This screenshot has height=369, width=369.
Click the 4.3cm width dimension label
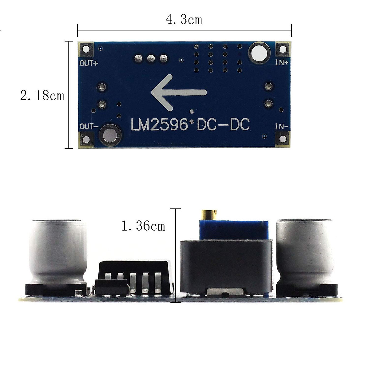(184, 20)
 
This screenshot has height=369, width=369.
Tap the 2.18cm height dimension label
(42, 96)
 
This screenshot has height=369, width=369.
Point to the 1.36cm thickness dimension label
(143, 226)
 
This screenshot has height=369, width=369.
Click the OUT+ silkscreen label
(89, 63)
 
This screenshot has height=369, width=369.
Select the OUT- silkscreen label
(89, 126)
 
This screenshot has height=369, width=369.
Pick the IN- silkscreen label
(282, 127)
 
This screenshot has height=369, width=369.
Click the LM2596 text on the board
(159, 124)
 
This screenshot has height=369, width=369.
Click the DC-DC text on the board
(223, 124)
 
